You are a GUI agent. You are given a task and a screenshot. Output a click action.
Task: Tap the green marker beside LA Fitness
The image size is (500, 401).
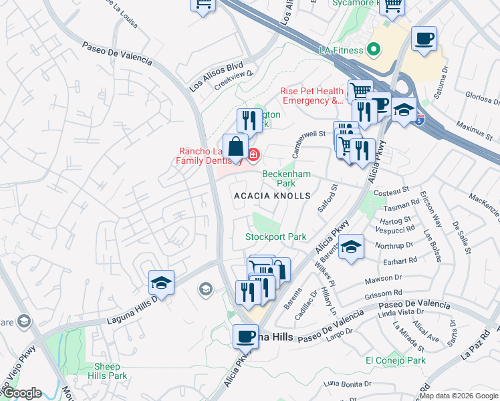point(374,49)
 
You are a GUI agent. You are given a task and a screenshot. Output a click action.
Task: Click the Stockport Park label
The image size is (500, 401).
point(275,237)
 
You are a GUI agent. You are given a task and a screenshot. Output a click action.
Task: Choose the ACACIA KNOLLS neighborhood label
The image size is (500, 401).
point(272,196)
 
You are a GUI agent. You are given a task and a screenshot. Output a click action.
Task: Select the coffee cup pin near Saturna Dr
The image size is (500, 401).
point(424,39)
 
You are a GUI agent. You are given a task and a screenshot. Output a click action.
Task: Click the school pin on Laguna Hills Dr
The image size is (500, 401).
point(161,283)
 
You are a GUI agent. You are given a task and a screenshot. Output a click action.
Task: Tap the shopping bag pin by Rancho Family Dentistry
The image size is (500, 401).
point(235,147)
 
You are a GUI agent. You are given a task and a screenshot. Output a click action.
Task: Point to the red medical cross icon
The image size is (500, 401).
point(253,155)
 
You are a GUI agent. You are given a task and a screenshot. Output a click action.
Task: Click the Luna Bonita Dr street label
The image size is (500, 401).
point(347,383)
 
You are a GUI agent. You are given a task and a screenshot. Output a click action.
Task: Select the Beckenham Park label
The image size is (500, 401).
point(286,178)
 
